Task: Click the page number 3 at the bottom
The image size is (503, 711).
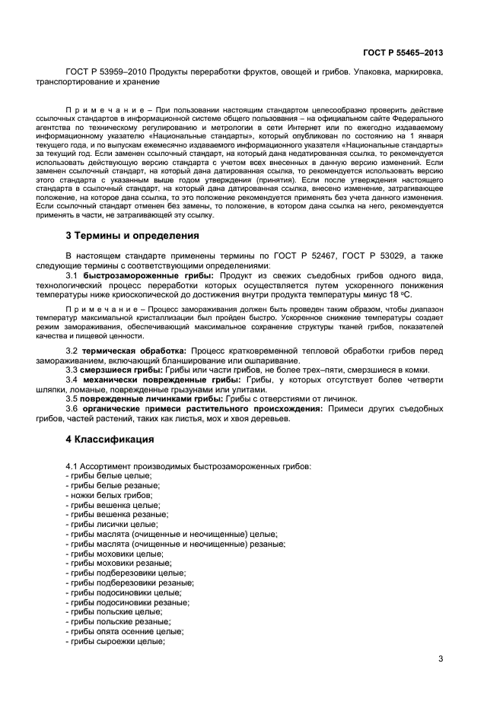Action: pyautogui.click(x=440, y=659)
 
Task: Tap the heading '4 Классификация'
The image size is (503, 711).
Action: pyautogui.click(x=110, y=440)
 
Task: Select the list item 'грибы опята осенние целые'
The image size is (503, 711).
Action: pyautogui.click(x=125, y=631)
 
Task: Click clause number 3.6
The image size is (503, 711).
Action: pyautogui.click(x=73, y=408)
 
